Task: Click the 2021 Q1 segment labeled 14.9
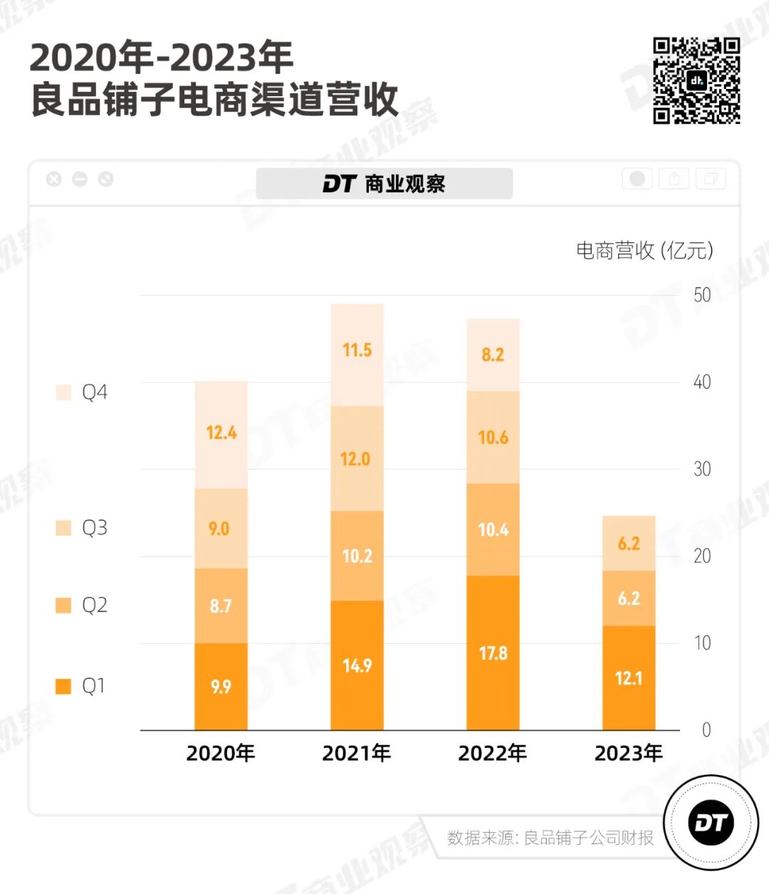[x=357, y=665]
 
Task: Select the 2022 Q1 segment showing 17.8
[x=493, y=653]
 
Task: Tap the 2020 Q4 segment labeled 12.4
[x=221, y=434]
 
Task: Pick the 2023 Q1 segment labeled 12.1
[x=629, y=677]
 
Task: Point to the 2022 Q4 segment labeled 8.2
[x=493, y=355]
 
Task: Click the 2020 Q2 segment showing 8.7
[x=221, y=605]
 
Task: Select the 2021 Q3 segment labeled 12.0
[x=357, y=458]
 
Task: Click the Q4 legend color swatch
[x=64, y=393]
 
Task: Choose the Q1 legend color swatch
[x=64, y=686]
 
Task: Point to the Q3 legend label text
[x=95, y=528]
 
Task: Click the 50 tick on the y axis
[x=702, y=295]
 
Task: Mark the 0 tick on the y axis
[x=706, y=730]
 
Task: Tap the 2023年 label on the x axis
[x=628, y=753]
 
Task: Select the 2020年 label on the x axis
[x=221, y=753]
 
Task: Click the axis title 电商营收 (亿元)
[x=644, y=250]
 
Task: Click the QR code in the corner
[x=696, y=80]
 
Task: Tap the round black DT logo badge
[x=711, y=823]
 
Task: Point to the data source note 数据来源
[x=550, y=838]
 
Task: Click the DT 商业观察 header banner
[x=384, y=184]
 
